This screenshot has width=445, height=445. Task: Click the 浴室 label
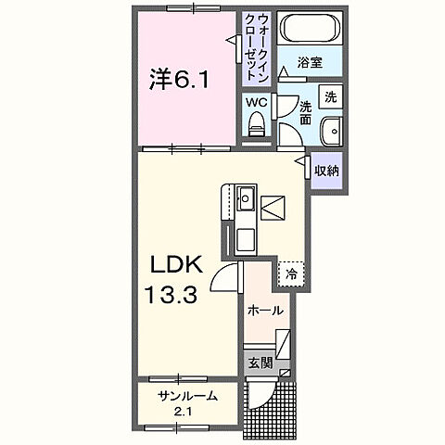pyautogui.click(x=310, y=63)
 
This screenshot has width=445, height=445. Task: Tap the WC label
pyautogui.click(x=255, y=102)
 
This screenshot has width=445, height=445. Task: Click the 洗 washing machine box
pyautogui.click(x=330, y=96)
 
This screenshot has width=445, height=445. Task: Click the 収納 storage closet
pyautogui.click(x=325, y=171)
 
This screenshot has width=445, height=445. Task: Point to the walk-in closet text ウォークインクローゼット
pyautogui.click(x=256, y=45)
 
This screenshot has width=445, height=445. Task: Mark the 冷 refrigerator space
pyautogui.click(x=291, y=273)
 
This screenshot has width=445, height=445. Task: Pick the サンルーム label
pyautogui.click(x=187, y=396)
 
